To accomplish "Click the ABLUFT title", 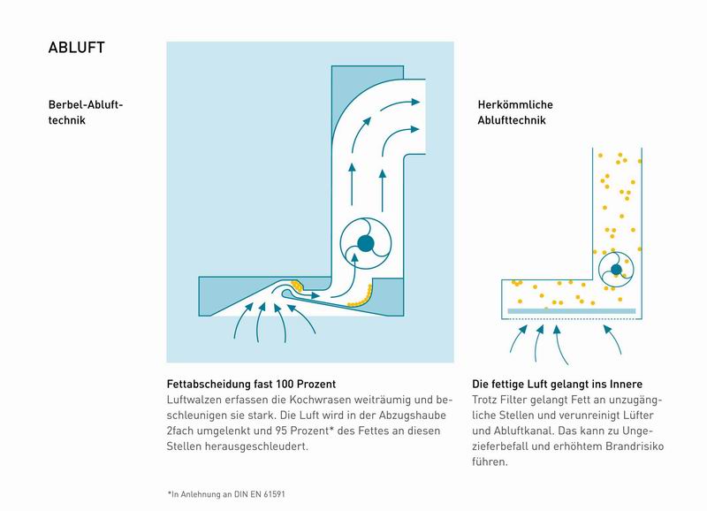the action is coord(76,48).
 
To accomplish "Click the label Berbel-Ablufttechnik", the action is coord(86,112).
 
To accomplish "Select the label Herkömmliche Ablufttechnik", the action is coord(515,112).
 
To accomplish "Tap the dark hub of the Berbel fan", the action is coord(366,243).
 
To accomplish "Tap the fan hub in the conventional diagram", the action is coord(616,270).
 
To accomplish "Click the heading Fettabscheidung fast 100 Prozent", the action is coord(251,385).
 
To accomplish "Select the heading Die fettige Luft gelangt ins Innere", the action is coord(558,385).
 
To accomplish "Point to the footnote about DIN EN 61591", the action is coord(226,494).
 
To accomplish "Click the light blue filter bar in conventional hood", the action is coord(571,311).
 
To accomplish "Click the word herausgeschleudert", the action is coord(256,447).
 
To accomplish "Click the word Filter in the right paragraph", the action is coord(513,400).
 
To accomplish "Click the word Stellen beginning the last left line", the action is coord(184,446).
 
